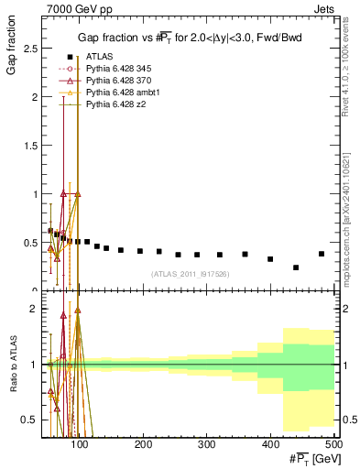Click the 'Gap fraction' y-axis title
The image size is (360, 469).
[x=12, y=50]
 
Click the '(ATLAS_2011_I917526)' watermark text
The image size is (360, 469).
[x=191, y=274]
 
